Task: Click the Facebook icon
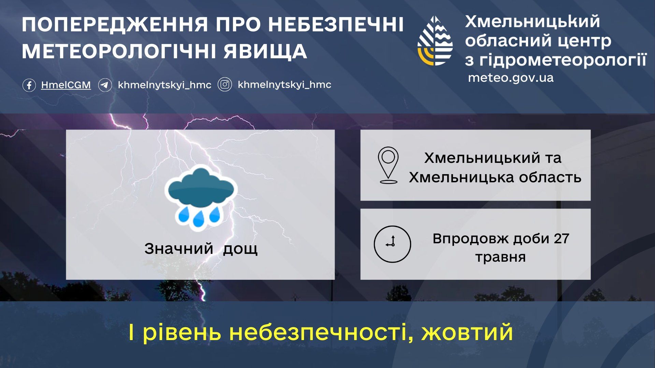[29, 85]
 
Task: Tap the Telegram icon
[105, 85]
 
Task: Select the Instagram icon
[225, 85]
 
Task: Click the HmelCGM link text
[66, 85]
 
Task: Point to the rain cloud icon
[201, 197]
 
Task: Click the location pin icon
[388, 165]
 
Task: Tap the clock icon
[392, 244]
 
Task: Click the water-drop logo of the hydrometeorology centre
[435, 41]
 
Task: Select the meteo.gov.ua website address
[511, 78]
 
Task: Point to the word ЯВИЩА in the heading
[265, 51]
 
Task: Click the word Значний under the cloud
[179, 249]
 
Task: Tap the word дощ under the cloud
[240, 249]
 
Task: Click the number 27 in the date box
[562, 239]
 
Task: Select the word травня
[500, 257]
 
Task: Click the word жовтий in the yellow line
[467, 332]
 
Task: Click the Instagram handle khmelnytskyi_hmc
[285, 85]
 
